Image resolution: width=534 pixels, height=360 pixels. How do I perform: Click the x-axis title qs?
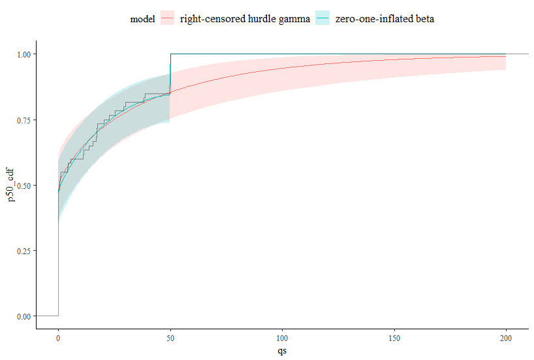pyautogui.click(x=282, y=351)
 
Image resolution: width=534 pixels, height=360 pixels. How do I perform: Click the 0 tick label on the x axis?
pyautogui.click(x=58, y=338)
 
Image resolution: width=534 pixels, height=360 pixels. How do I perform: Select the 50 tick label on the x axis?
pyautogui.click(x=170, y=338)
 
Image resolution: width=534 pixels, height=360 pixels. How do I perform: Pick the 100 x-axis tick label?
pyautogui.click(x=282, y=338)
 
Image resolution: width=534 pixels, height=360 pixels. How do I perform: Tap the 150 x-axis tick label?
pyautogui.click(x=394, y=338)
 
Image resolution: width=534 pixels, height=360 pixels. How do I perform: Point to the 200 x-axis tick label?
pyautogui.click(x=506, y=338)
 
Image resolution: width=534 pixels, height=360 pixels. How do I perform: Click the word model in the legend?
pyautogui.click(x=142, y=19)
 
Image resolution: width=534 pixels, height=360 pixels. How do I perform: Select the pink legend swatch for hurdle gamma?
pyautogui.click(x=168, y=19)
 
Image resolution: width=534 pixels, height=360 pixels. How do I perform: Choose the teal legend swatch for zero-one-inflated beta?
pyautogui.click(x=322, y=19)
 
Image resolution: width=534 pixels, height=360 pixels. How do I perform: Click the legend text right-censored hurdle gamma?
pyautogui.click(x=244, y=19)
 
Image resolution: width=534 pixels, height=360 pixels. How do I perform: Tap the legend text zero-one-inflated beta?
pyautogui.click(x=384, y=19)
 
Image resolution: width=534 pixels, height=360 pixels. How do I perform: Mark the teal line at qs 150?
pyautogui.click(x=394, y=54)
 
